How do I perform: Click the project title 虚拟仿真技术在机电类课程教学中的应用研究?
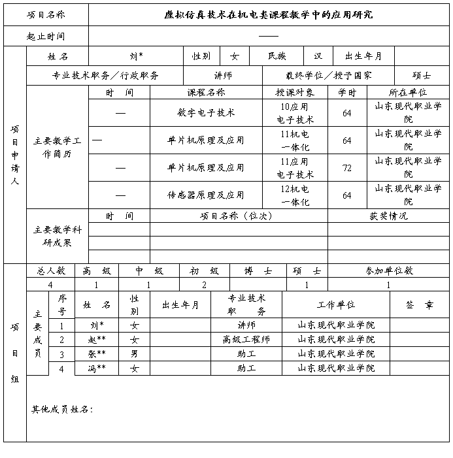click(x=269, y=14)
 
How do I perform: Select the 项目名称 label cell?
click(x=46, y=14)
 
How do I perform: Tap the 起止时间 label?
click(x=46, y=37)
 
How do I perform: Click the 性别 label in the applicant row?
click(x=201, y=57)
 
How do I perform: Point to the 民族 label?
click(x=277, y=57)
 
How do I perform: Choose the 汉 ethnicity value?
click(x=318, y=57)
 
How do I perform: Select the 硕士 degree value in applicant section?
click(x=422, y=76)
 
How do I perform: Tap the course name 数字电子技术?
click(x=206, y=112)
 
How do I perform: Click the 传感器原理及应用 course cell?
click(x=206, y=195)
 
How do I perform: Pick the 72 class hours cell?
click(x=346, y=168)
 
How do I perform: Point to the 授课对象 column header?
click(x=295, y=93)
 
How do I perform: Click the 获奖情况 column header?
click(x=388, y=216)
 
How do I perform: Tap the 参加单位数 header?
click(x=388, y=270)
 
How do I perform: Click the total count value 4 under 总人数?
click(x=50, y=285)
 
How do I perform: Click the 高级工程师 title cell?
click(x=246, y=340)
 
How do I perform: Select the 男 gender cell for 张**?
click(x=135, y=354)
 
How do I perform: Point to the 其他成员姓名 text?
click(x=62, y=410)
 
